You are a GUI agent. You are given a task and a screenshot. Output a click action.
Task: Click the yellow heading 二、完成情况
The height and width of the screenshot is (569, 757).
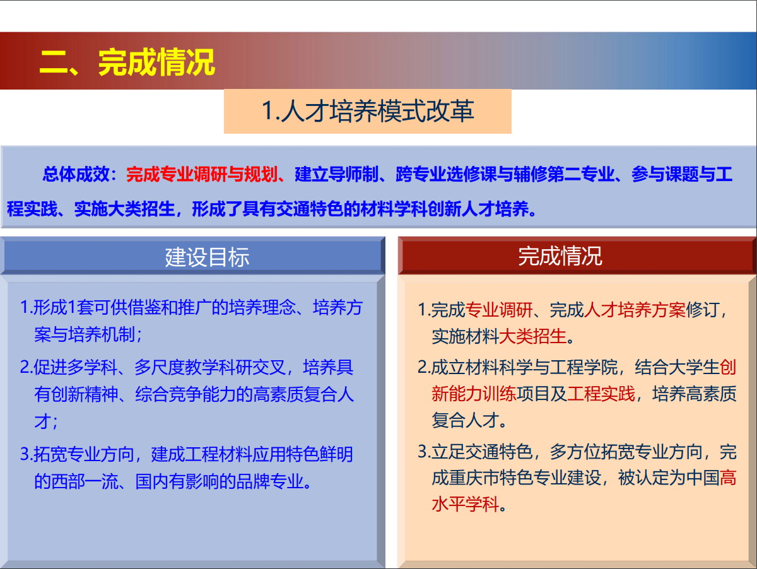(x=127, y=62)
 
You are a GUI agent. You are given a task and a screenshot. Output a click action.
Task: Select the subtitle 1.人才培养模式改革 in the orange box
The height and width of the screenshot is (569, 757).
(x=368, y=111)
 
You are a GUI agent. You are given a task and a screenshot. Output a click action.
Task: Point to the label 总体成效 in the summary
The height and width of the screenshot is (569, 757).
(x=76, y=174)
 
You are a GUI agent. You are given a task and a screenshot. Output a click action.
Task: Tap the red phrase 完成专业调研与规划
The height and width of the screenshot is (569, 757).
(x=202, y=174)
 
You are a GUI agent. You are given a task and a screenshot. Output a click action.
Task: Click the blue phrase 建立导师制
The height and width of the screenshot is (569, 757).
(x=337, y=174)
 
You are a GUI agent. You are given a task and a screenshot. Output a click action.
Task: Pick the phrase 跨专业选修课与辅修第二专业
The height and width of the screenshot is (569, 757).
(x=505, y=174)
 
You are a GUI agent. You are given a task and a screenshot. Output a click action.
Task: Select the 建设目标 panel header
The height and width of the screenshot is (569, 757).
(x=207, y=257)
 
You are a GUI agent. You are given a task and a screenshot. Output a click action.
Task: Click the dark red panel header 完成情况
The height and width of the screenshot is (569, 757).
(x=560, y=256)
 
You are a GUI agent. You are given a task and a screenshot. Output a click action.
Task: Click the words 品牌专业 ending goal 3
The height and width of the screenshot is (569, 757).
(x=270, y=481)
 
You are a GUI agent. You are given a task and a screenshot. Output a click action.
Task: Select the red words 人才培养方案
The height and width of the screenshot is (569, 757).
(x=635, y=310)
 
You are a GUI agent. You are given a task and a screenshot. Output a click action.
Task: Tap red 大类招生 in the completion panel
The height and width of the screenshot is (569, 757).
(x=533, y=336)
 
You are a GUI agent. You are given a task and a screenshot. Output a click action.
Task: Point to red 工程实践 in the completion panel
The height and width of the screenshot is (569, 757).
(x=601, y=394)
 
